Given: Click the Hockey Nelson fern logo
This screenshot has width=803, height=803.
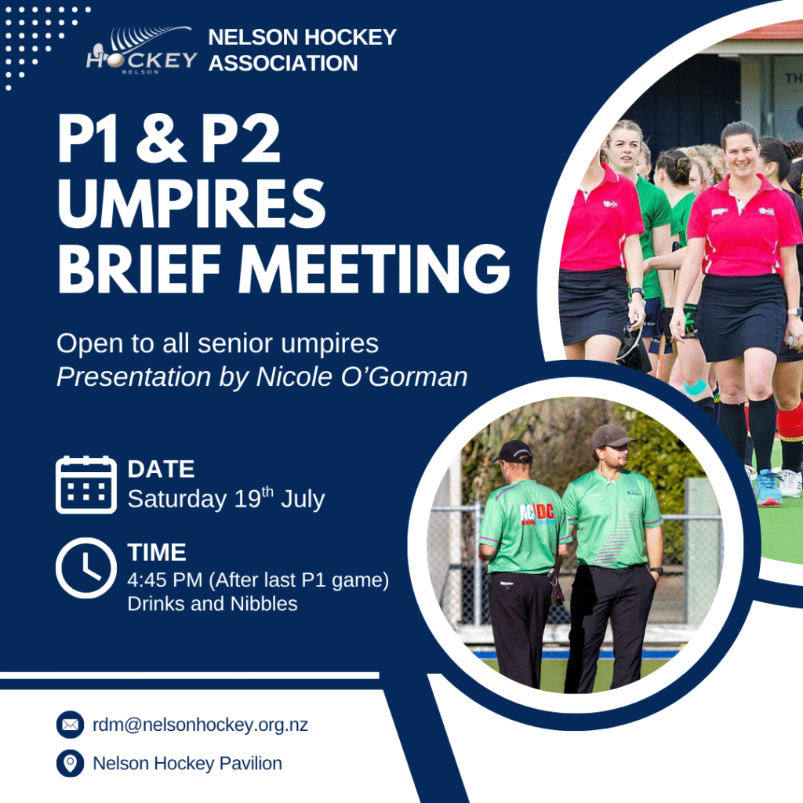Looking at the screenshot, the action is pyautogui.click(x=141, y=49).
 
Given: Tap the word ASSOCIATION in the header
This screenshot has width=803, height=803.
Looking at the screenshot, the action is pyautogui.click(x=283, y=63).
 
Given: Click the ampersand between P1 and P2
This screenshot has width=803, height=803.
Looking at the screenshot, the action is pyautogui.click(x=160, y=137).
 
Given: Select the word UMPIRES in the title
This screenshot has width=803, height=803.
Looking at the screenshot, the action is pyautogui.click(x=191, y=203).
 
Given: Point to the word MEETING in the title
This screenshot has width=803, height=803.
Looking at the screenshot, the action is pyautogui.click(x=374, y=269).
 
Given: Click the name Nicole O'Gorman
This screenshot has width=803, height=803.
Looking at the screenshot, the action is pyautogui.click(x=362, y=377).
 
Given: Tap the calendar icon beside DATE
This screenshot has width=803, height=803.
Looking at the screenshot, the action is pyautogui.click(x=86, y=485).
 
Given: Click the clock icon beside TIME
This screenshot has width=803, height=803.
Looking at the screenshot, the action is pyautogui.click(x=86, y=568).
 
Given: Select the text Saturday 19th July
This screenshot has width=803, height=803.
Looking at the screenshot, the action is pyautogui.click(x=226, y=498).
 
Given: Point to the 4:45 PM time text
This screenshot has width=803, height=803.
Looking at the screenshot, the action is pyautogui.click(x=165, y=580).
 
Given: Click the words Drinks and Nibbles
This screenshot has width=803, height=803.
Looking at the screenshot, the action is pyautogui.click(x=213, y=604).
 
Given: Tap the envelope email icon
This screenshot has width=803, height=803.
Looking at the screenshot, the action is pyautogui.click(x=70, y=725).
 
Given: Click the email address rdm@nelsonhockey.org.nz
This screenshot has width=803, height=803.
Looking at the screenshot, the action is pyautogui.click(x=200, y=725).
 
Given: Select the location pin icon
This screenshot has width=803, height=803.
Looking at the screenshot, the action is pyautogui.click(x=70, y=763).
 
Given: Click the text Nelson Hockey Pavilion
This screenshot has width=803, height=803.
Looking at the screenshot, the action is pyautogui.click(x=187, y=763).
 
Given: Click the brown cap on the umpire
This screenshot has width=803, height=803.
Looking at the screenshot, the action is pyautogui.click(x=610, y=436).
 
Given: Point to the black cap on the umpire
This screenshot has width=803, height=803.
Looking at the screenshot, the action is pyautogui.click(x=514, y=451).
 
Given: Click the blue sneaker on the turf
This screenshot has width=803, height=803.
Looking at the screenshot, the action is pyautogui.click(x=768, y=487).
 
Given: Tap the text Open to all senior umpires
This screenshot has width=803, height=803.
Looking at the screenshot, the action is pyautogui.click(x=218, y=343).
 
